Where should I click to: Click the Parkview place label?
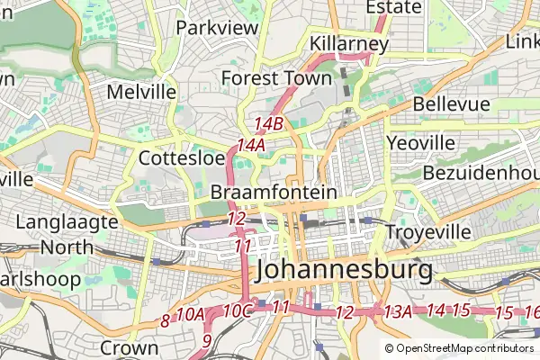pyautogui.click(x=217, y=27)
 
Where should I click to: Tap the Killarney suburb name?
pyautogui.click(x=349, y=43)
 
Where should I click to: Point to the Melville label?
pyautogui.click(x=140, y=92)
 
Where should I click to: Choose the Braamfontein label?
pyautogui.click(x=274, y=193)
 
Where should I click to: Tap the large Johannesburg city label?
pyautogui.click(x=344, y=269)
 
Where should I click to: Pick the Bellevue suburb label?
pyautogui.click(x=452, y=104)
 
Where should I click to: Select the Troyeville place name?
pyautogui.click(x=428, y=232)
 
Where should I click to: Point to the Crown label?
pyautogui.click(x=130, y=346)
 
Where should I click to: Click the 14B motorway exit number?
pyautogui.click(x=269, y=123)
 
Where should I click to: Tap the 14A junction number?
pyautogui.click(x=251, y=144)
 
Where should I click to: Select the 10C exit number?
pyautogui.click(x=237, y=310)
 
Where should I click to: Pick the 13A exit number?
pyautogui.click(x=397, y=311)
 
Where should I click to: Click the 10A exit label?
pyautogui.click(x=191, y=314)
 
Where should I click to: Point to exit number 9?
pyautogui.click(x=207, y=340)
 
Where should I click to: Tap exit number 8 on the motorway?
pyautogui.click(x=165, y=319)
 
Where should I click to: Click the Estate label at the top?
pyautogui.click(x=393, y=7)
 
